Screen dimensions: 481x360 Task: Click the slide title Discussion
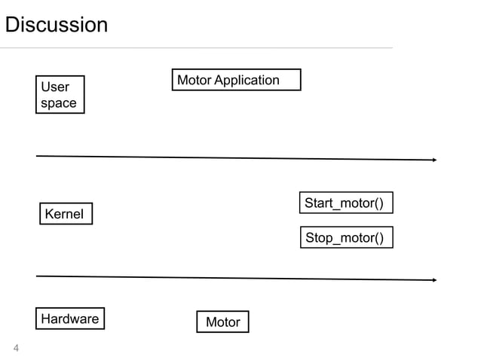click(x=57, y=25)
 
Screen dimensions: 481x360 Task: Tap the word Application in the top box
click(x=247, y=81)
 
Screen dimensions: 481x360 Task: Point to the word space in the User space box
click(x=59, y=104)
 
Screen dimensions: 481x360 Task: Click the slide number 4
click(x=16, y=348)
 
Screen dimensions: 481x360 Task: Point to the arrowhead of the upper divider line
click(x=435, y=160)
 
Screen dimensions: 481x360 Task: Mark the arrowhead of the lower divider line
click(x=435, y=279)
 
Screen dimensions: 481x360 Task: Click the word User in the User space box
click(x=55, y=87)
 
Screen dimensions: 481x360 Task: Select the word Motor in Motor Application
click(x=195, y=81)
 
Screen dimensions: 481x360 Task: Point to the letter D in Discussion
click(x=12, y=25)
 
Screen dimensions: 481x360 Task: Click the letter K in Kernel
click(x=49, y=214)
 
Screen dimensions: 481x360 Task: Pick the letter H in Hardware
click(x=46, y=319)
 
